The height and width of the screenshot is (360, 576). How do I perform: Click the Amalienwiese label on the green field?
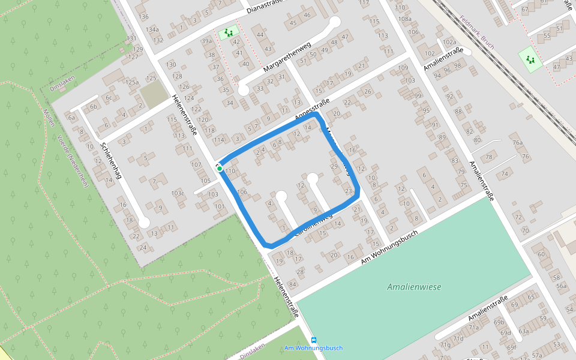point(414,287)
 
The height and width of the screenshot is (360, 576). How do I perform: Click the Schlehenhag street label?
point(112,161)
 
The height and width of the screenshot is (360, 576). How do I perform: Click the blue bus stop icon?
point(314,340)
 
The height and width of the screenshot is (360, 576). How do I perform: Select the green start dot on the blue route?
point(220,169)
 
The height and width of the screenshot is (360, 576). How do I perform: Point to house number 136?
point(143,16)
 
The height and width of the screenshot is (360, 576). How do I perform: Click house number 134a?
point(152,29)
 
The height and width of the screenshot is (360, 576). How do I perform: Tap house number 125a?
point(132,82)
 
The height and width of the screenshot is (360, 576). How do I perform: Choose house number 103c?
point(178,193)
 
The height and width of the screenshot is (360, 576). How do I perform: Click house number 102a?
point(449,42)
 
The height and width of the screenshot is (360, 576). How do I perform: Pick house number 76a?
point(518,143)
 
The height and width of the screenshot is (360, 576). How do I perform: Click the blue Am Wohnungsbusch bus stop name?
point(314,348)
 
